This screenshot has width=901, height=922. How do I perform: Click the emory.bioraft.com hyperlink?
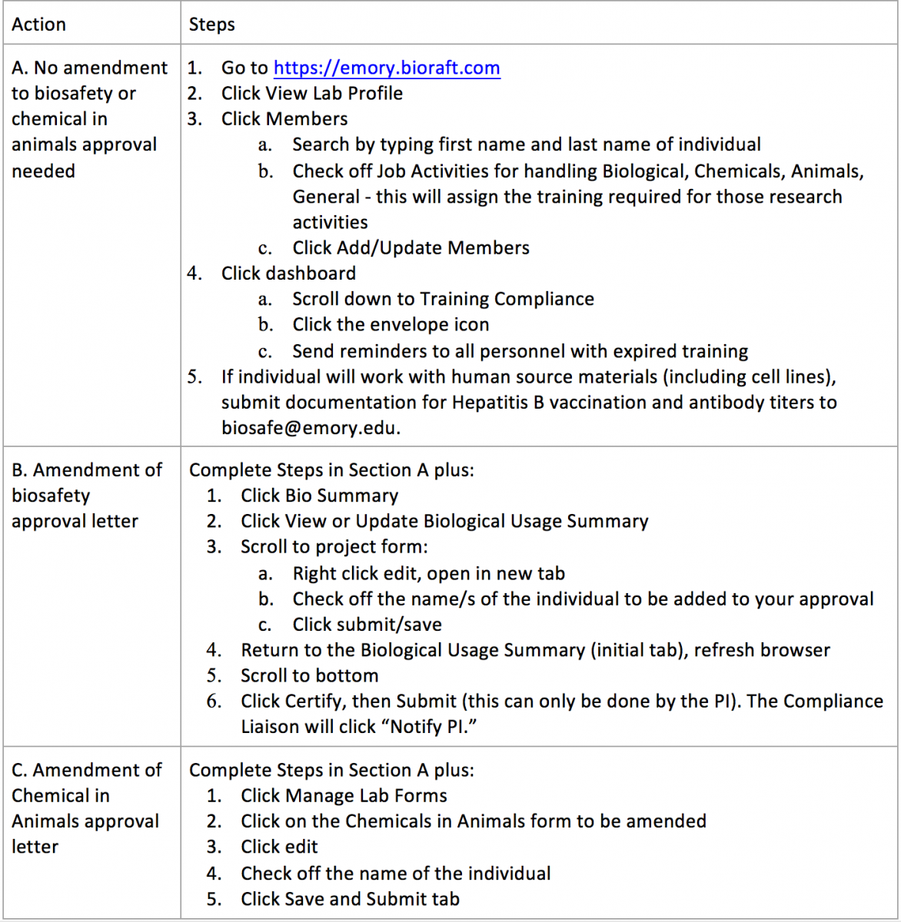[387, 68]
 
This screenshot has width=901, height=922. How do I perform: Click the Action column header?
[38, 25]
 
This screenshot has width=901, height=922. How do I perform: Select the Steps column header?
[211, 25]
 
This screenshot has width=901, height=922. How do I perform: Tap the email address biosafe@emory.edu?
[310, 428]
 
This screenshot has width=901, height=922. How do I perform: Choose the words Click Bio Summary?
[319, 496]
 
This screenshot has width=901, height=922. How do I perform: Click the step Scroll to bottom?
[309, 676]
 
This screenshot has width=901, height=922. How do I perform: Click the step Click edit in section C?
[279, 847]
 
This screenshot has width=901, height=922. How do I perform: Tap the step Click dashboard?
[288, 274]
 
